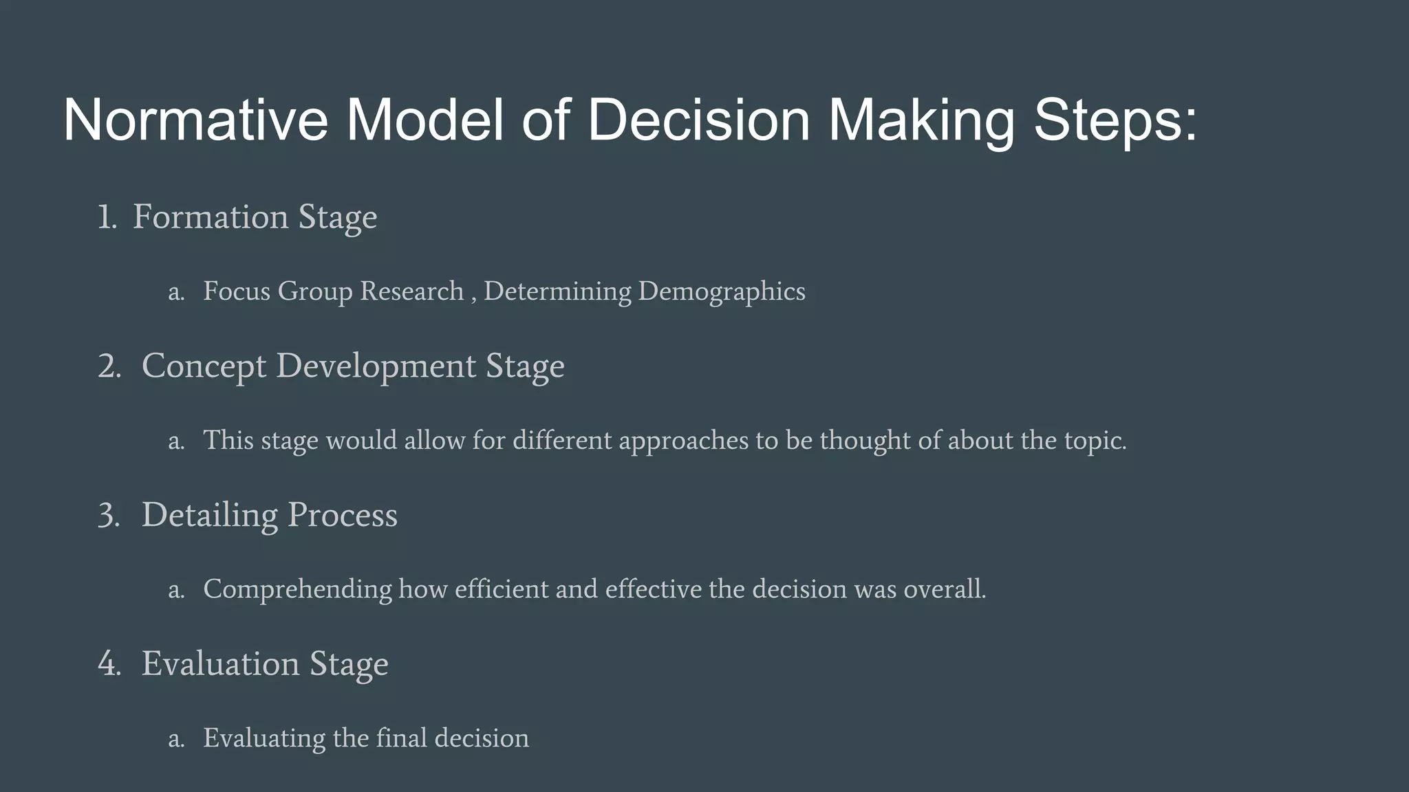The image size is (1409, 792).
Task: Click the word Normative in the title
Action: [x=195, y=120]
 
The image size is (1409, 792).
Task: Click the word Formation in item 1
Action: [x=210, y=217]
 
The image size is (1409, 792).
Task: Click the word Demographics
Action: [x=722, y=291]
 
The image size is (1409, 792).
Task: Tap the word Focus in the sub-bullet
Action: [x=236, y=291]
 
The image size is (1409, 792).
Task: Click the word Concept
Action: [x=204, y=366]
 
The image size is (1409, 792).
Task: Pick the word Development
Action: [x=377, y=366]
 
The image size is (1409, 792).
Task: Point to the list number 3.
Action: [x=109, y=515]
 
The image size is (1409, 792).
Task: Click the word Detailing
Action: [x=210, y=515]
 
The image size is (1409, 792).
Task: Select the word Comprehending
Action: [x=297, y=590]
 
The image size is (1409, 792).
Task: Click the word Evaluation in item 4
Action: [x=220, y=664]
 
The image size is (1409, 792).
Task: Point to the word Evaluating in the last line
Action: [x=264, y=738]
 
